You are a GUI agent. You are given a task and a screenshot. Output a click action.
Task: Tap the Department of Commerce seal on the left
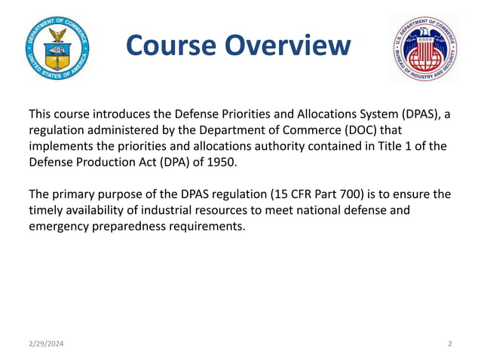point(57,47)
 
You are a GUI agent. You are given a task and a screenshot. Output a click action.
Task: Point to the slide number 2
point(449,343)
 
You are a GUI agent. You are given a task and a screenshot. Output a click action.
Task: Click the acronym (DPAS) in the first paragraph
point(411,114)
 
